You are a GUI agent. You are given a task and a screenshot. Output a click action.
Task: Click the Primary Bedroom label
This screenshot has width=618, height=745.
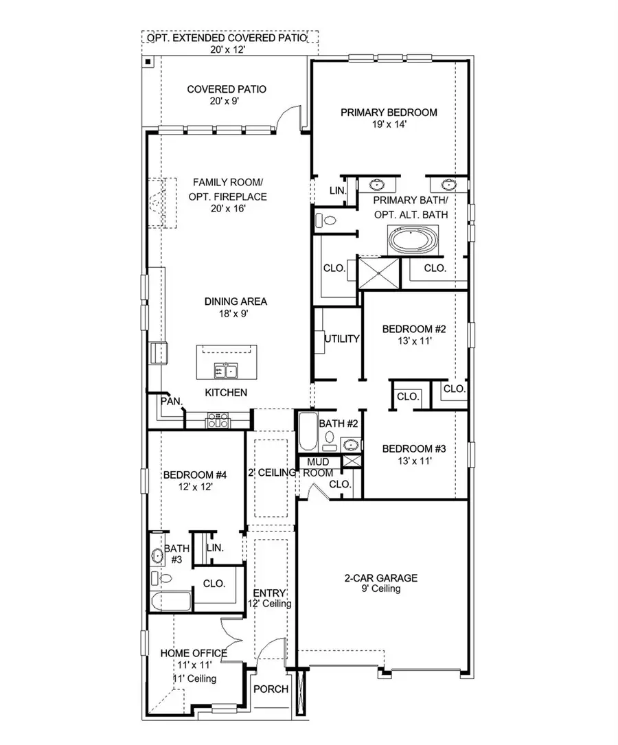pos(389,113)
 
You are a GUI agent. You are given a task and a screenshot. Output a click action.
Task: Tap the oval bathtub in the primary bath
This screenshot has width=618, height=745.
pos(413,241)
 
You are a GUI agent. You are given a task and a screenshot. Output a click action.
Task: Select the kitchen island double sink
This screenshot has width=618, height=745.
pos(225,371)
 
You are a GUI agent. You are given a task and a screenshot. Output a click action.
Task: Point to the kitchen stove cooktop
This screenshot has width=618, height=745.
pos(218,420)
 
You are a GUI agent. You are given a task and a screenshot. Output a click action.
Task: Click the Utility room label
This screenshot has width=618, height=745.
pos(342,339)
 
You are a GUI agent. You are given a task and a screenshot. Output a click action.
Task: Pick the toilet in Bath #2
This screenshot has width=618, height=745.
pos(330,438)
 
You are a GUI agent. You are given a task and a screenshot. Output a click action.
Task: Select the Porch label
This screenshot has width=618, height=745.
pos(271,689)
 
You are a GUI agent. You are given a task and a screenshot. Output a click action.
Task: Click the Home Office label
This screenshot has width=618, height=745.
pos(193,653)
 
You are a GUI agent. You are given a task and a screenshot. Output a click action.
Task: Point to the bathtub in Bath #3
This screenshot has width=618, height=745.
pos(171,602)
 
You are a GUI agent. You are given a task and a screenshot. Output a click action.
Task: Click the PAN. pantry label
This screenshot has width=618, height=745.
pos(170,400)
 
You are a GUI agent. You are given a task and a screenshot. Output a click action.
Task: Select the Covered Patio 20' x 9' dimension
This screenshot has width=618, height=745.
pos(216,102)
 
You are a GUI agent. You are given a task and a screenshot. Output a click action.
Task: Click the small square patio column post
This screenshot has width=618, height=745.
pos(148,62)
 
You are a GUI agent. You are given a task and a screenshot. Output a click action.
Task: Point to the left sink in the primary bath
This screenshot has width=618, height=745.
pos(377,185)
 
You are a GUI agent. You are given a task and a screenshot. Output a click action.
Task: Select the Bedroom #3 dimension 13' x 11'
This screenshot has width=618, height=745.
pos(414,461)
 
